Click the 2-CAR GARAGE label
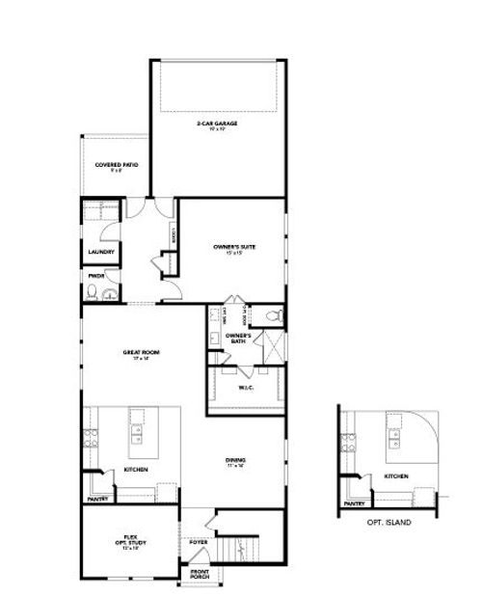(x=218, y=125)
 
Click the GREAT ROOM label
(x=140, y=353)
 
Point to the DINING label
(x=235, y=462)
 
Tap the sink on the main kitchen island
(x=137, y=434)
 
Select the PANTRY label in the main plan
(x=97, y=500)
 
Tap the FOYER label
(x=199, y=542)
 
